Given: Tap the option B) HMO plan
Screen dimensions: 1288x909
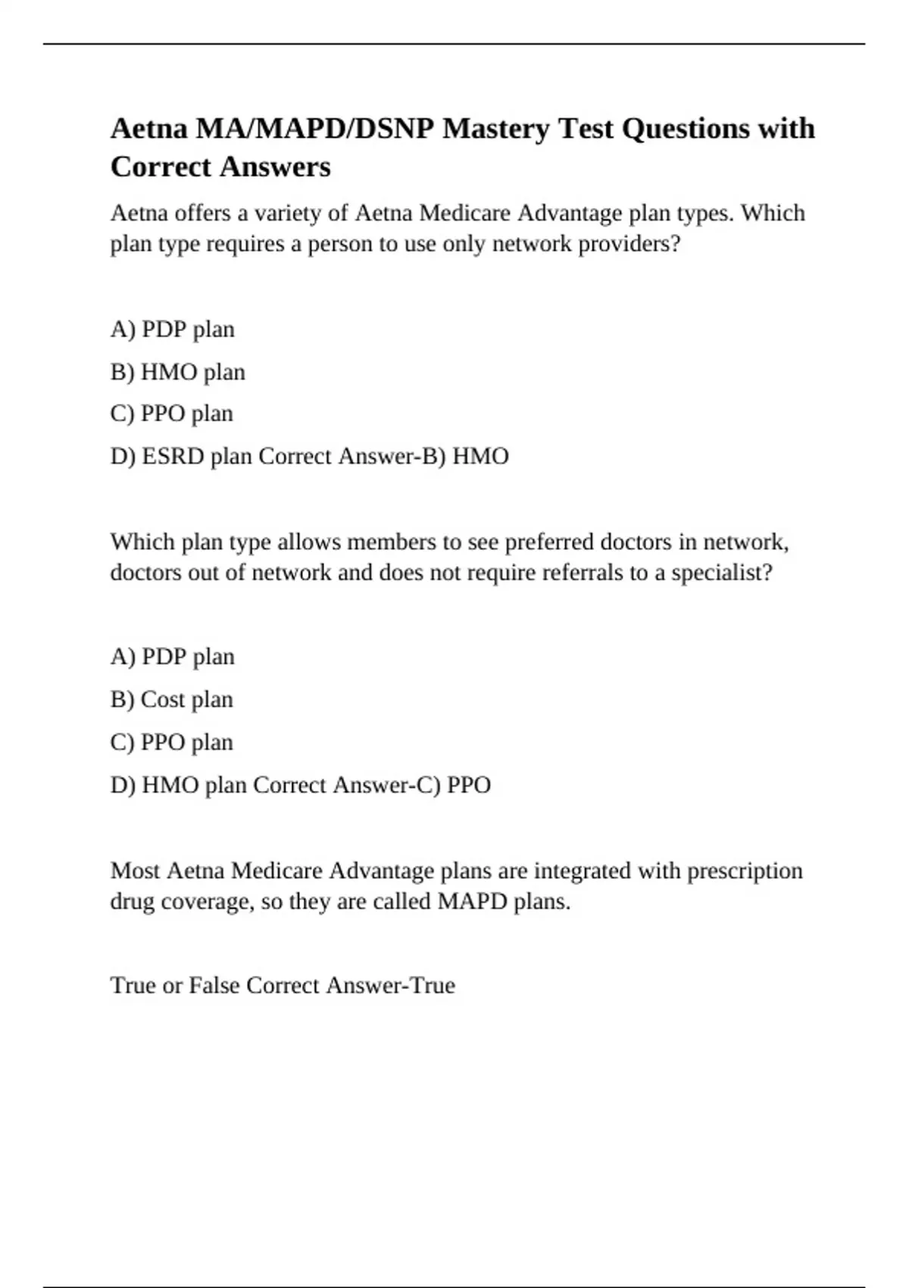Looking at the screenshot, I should pyautogui.click(x=178, y=372).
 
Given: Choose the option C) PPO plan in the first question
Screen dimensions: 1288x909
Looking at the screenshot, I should pyautogui.click(x=172, y=414).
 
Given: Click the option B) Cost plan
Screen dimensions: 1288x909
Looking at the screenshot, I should pyautogui.click(x=172, y=699).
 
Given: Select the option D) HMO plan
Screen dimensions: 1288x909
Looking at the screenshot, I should pyautogui.click(x=179, y=785).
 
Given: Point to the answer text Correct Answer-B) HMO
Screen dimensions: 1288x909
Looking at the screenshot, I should pyautogui.click(x=383, y=456).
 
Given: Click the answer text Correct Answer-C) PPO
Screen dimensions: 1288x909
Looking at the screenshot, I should pyautogui.click(x=371, y=785).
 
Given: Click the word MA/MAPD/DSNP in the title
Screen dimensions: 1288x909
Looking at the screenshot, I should pyautogui.click(x=315, y=130).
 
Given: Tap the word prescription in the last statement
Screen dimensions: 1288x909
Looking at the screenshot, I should pyautogui.click(x=745, y=871).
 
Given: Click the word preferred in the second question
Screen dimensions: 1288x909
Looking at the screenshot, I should pyautogui.click(x=549, y=542).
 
